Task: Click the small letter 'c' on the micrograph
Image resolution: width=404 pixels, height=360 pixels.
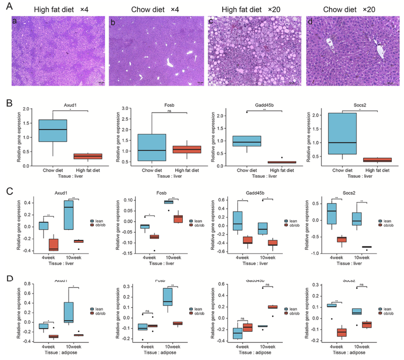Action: click(213, 22)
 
